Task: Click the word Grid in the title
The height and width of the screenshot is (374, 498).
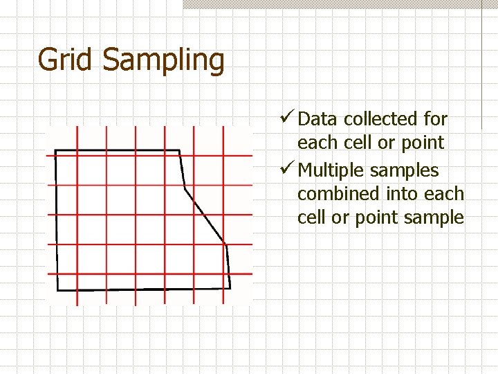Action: pos(66,60)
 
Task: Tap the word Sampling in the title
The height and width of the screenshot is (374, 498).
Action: pos(163,61)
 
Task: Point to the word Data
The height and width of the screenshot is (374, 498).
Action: pos(317,119)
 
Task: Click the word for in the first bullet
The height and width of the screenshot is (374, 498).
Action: pos(435,119)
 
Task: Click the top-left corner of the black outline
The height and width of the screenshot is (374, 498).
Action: pos(55,150)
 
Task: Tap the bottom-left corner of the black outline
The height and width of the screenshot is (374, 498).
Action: pos(58,290)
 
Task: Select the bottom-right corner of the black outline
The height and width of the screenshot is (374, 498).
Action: pos(230,287)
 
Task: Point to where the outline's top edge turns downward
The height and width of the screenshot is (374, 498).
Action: pos(179,150)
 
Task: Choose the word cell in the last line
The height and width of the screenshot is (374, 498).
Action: pos(312,218)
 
